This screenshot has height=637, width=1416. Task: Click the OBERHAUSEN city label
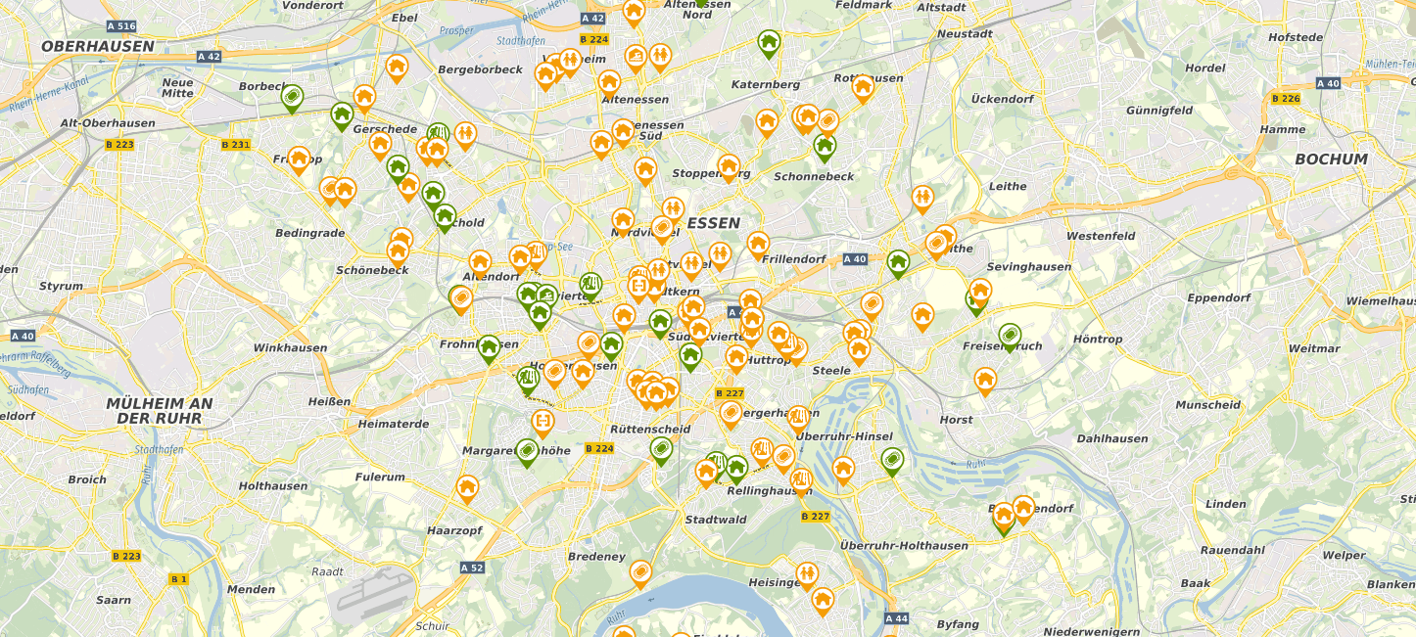(98, 46)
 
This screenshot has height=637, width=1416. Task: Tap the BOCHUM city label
(1330, 159)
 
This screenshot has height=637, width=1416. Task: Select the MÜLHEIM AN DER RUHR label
(159, 411)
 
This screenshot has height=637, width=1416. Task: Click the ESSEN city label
(713, 223)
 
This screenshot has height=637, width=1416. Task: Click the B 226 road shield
(1285, 98)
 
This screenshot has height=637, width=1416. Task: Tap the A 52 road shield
(472, 568)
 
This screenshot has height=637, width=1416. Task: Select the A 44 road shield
(896, 618)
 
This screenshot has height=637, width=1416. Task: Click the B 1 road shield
(178, 579)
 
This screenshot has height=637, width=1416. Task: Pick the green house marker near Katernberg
(769, 41)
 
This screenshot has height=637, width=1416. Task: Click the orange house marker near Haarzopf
(467, 485)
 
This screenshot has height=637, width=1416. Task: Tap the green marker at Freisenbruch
(1010, 335)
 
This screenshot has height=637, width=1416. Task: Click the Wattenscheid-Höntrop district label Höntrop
(1098, 340)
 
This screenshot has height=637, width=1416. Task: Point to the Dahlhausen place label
(1111, 438)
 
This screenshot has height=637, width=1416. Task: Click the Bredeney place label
(596, 557)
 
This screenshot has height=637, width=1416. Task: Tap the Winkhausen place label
(290, 347)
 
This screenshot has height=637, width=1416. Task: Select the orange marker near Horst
(985, 378)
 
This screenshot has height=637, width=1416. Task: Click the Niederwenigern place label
(1091, 632)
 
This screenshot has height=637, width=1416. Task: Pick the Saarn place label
(114, 600)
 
